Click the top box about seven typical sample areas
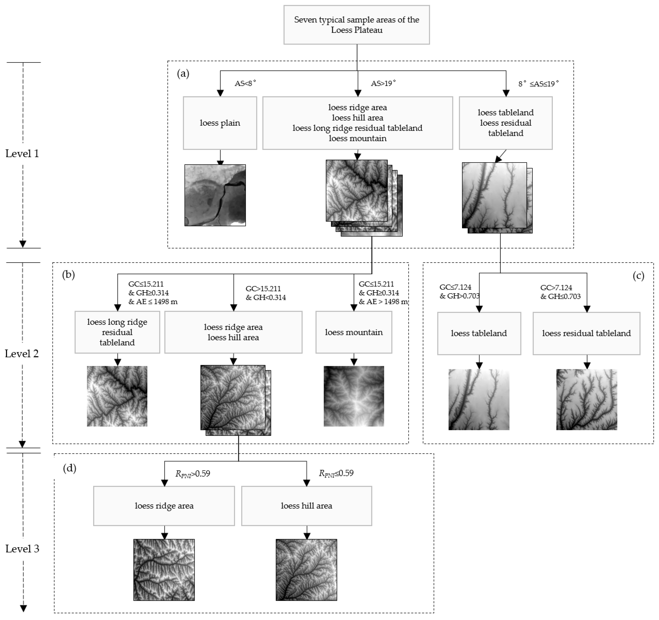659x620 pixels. click(x=356, y=25)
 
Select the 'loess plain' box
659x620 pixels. click(x=220, y=123)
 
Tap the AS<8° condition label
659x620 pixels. click(x=245, y=83)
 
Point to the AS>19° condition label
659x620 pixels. click(x=383, y=83)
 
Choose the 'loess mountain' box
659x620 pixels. click(x=354, y=332)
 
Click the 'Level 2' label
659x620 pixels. click(x=22, y=354)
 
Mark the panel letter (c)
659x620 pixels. click(x=638, y=276)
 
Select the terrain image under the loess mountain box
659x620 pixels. click(x=354, y=396)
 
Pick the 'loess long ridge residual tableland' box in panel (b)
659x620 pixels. click(x=117, y=332)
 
